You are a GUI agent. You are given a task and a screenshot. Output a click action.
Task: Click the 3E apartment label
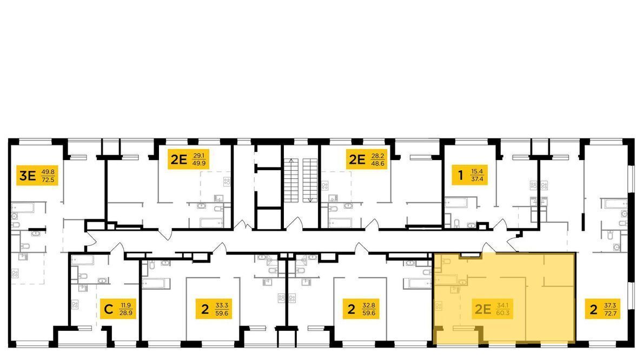[37, 176]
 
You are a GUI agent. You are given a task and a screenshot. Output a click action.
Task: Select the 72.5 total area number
[48, 180]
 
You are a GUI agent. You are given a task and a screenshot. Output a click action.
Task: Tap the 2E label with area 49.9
[188, 159]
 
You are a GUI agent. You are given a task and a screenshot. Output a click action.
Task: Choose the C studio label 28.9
[118, 309]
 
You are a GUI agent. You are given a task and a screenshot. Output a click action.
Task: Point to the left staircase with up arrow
[291, 180]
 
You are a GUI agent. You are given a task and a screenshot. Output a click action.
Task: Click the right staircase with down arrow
[310, 180]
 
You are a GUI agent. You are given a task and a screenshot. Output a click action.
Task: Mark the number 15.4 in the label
[478, 171]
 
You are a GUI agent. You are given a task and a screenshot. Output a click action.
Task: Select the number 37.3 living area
[610, 305]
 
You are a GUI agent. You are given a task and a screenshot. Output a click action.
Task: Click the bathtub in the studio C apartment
[82, 260]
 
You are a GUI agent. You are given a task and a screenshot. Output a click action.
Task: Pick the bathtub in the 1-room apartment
[455, 203]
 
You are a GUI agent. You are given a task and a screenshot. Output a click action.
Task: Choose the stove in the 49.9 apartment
[227, 181]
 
